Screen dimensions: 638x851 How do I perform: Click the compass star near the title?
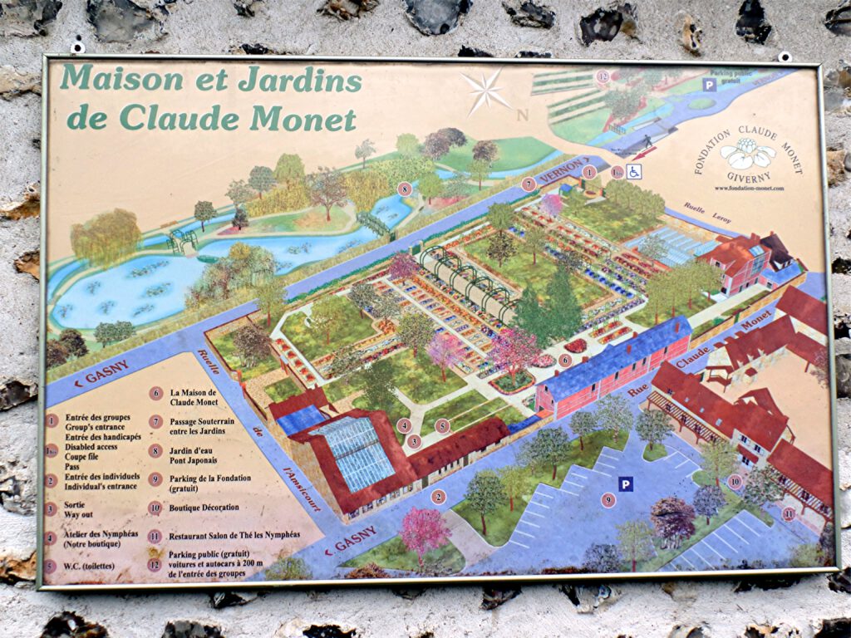click(487, 91)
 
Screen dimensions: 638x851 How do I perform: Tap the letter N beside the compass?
click(522, 115)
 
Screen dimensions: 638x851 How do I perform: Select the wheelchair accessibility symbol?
click(634, 172)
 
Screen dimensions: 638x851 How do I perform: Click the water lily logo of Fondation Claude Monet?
click(747, 155)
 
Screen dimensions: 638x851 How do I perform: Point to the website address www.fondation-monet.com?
click(748, 189)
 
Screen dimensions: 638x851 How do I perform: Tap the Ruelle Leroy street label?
click(706, 213)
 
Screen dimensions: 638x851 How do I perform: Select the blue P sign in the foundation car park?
click(625, 483)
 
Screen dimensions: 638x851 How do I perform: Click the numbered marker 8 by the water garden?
click(405, 189)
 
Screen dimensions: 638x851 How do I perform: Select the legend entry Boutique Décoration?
click(204, 508)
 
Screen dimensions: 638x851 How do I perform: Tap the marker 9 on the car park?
click(609, 500)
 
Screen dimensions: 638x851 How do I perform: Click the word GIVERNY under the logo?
click(747, 176)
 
